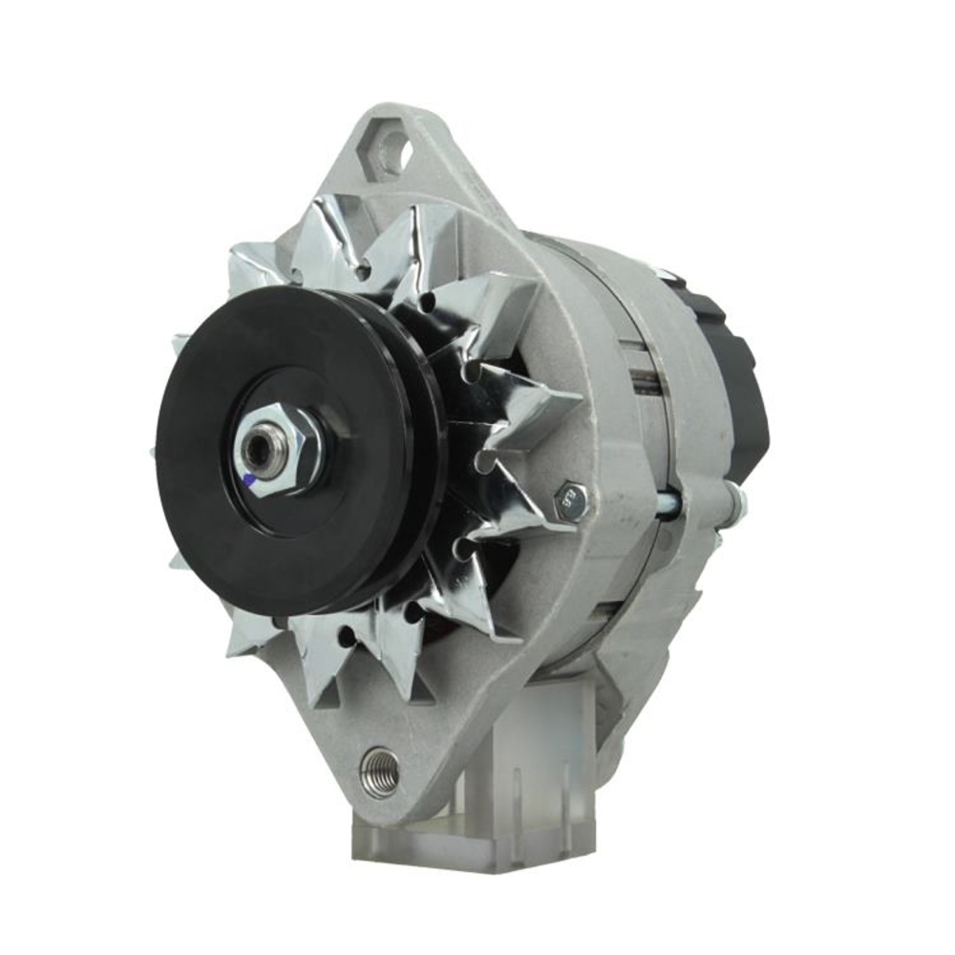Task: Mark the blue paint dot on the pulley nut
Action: (x=251, y=484)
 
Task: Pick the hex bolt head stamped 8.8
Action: (x=573, y=499)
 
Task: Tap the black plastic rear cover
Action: (x=740, y=382)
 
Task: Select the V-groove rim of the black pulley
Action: (x=420, y=458)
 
